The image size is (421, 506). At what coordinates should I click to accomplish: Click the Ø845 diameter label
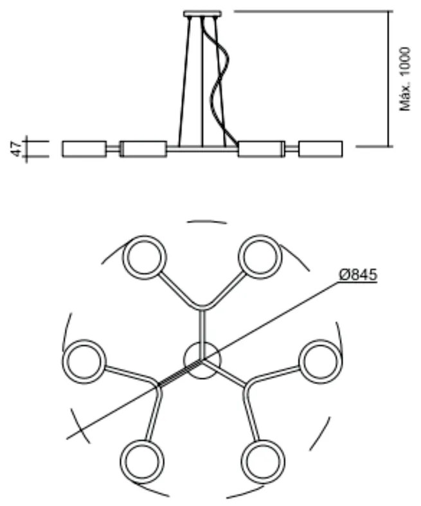pos(357,274)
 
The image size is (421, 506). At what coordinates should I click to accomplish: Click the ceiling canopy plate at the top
pos(202,13)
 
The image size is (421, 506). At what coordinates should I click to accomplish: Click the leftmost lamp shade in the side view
pos(84,149)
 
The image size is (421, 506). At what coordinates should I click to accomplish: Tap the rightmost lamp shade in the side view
pos(320,149)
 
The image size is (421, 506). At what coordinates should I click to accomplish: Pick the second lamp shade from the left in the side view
pos(144,149)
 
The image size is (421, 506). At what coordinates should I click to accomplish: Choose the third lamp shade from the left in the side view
pos(260,149)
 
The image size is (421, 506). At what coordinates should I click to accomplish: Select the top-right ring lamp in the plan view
pos(260,257)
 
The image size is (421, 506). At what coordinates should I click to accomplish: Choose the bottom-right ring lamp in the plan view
pos(262,460)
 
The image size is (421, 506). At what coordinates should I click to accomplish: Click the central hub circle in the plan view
pos(202,361)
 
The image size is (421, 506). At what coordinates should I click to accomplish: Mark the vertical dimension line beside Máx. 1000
pos(389,78)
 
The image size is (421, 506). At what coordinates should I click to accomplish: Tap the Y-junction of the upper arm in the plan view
pos(202,307)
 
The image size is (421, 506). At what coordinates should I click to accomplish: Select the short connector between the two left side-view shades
pos(113,149)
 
